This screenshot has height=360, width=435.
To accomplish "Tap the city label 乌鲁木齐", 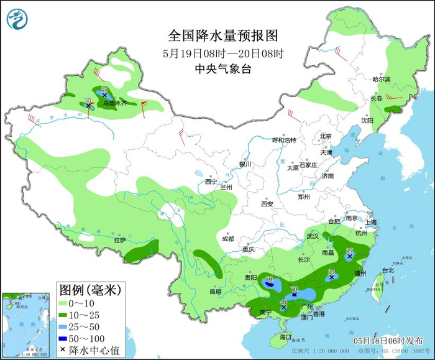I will click(114, 102).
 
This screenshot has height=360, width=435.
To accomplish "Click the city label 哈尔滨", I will click(381, 79).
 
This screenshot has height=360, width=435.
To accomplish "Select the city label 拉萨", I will click(120, 239).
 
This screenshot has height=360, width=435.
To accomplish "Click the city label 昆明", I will click(215, 291).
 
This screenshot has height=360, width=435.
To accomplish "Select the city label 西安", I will click(267, 203).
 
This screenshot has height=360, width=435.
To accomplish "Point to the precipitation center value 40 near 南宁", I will click(283, 302).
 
